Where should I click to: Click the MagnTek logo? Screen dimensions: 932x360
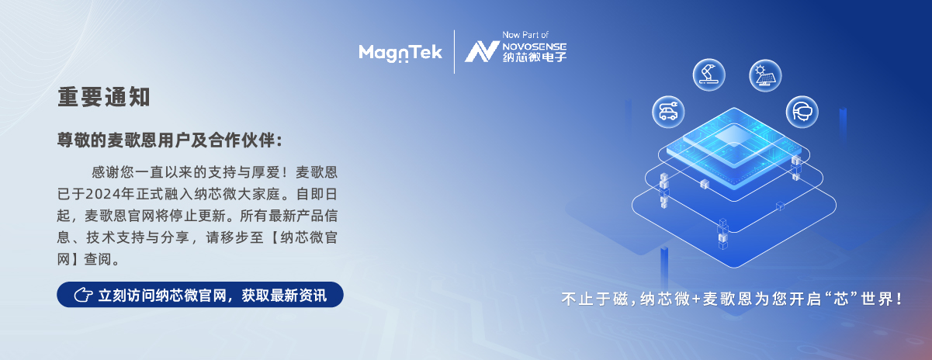[x=400, y=53]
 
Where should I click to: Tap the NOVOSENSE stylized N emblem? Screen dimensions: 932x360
[x=482, y=52]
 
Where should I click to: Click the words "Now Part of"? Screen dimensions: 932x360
[x=525, y=35]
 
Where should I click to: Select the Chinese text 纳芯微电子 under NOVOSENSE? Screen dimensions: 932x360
[x=534, y=57]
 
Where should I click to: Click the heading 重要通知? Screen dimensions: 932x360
[x=104, y=97]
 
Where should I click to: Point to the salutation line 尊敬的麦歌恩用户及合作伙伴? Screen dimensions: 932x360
[x=169, y=140]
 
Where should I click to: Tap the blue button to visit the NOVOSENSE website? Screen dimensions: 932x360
[x=200, y=295]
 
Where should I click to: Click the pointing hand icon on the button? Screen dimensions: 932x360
[x=83, y=295]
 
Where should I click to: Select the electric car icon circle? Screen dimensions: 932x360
[x=668, y=112]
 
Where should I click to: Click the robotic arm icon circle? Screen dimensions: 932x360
[x=709, y=75]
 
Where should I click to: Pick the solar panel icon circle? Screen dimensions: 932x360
[x=765, y=75]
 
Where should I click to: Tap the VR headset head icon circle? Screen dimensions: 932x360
[x=802, y=112]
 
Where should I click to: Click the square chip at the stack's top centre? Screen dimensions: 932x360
[x=734, y=136]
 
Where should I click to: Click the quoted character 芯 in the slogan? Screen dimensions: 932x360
[x=841, y=299]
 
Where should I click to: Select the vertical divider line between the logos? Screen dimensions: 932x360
[x=454, y=52]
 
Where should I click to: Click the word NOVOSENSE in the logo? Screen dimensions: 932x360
[x=534, y=47]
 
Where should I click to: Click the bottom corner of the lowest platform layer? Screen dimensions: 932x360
[x=734, y=268]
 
